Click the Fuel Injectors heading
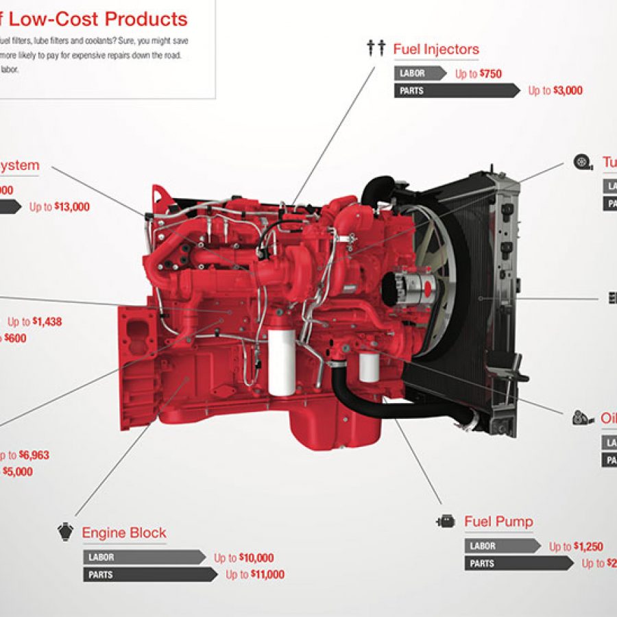[x=436, y=49]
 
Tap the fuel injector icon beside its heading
[x=376, y=48]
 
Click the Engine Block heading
[x=124, y=533]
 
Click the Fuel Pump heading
[x=498, y=522]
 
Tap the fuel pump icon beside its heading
[x=446, y=521]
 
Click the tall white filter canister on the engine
[x=281, y=361]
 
